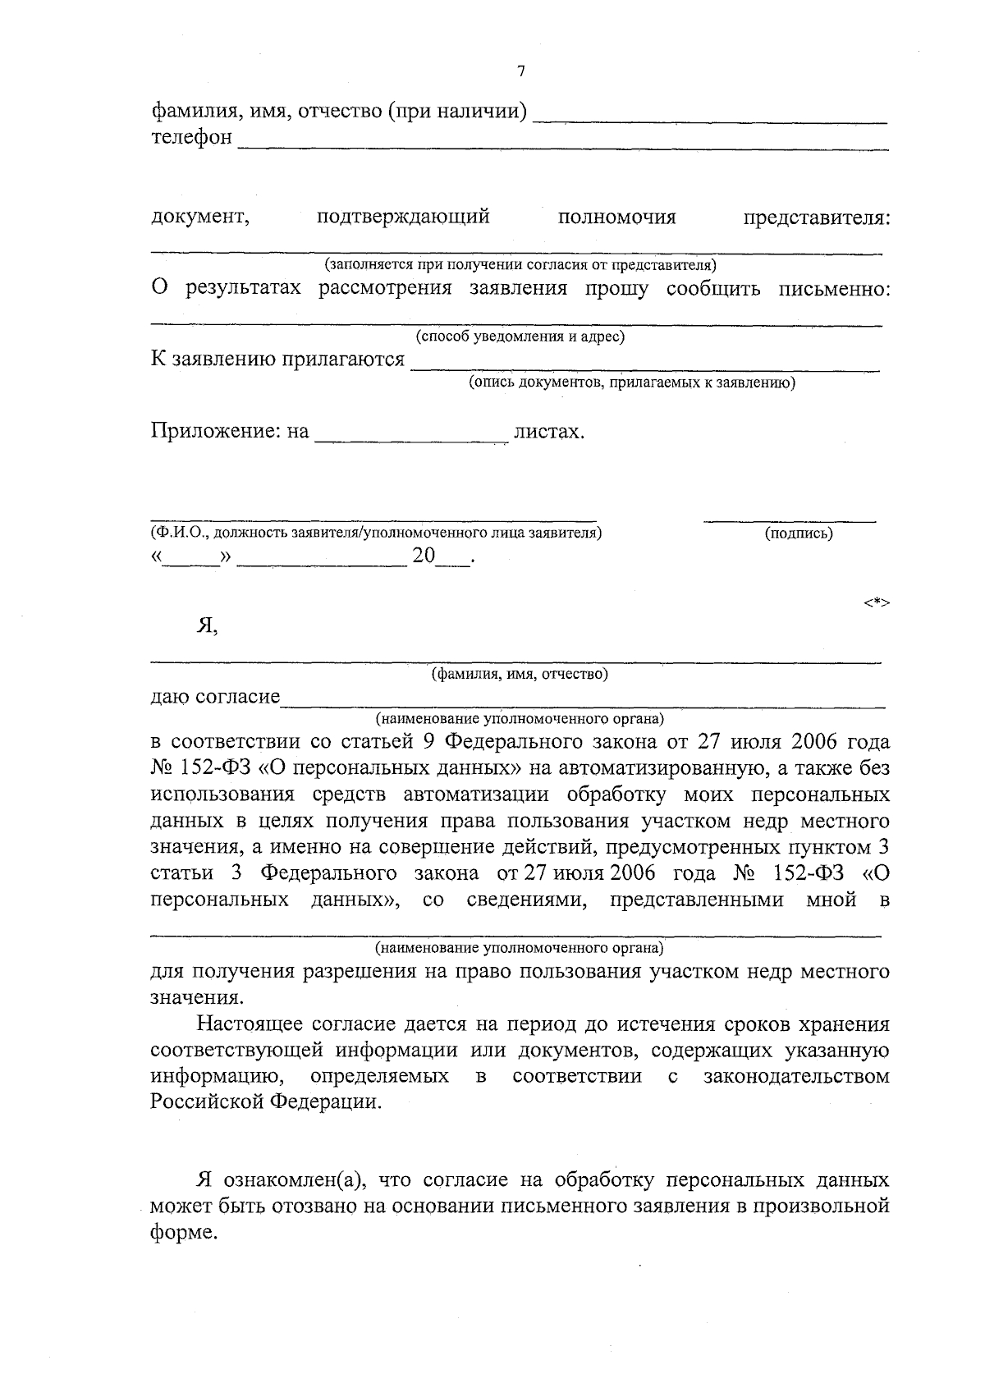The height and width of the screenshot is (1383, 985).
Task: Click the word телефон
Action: click(x=191, y=136)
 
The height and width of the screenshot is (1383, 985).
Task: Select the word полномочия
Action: click(x=616, y=218)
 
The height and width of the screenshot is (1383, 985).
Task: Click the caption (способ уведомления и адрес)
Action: click(x=520, y=337)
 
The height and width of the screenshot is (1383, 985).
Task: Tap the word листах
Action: click(x=547, y=432)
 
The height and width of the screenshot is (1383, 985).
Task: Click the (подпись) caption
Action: click(x=798, y=534)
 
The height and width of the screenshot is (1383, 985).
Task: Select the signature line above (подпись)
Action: click(x=790, y=520)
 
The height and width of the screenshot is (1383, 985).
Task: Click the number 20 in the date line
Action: click(x=424, y=556)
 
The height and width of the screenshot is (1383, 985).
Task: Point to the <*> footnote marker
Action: click(x=876, y=603)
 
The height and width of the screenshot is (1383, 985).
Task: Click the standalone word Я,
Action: click(x=207, y=627)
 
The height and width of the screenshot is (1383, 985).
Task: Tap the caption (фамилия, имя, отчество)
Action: click(x=520, y=675)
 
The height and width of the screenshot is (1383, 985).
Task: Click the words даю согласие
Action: click(x=215, y=698)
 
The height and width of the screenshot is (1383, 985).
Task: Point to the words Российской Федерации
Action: click(x=265, y=1101)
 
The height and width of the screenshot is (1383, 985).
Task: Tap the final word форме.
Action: click(x=184, y=1233)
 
